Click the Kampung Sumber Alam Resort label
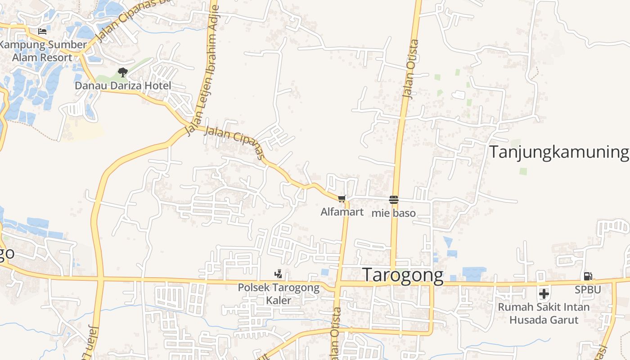(x=43, y=51)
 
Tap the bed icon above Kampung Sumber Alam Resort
(x=42, y=31)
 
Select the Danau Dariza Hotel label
(x=123, y=85)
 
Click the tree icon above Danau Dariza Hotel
(x=122, y=72)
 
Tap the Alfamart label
(x=342, y=211)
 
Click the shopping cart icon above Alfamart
(x=342, y=198)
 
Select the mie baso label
(x=393, y=213)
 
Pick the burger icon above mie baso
(x=394, y=199)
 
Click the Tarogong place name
(x=403, y=275)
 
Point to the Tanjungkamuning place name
(x=558, y=152)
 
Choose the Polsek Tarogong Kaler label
(x=279, y=293)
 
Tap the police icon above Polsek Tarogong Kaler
(x=279, y=274)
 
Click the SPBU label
(x=588, y=290)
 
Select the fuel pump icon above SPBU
(x=588, y=276)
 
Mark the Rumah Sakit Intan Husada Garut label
(x=544, y=313)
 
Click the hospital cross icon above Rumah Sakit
(x=544, y=294)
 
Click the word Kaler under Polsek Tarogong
(x=279, y=300)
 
